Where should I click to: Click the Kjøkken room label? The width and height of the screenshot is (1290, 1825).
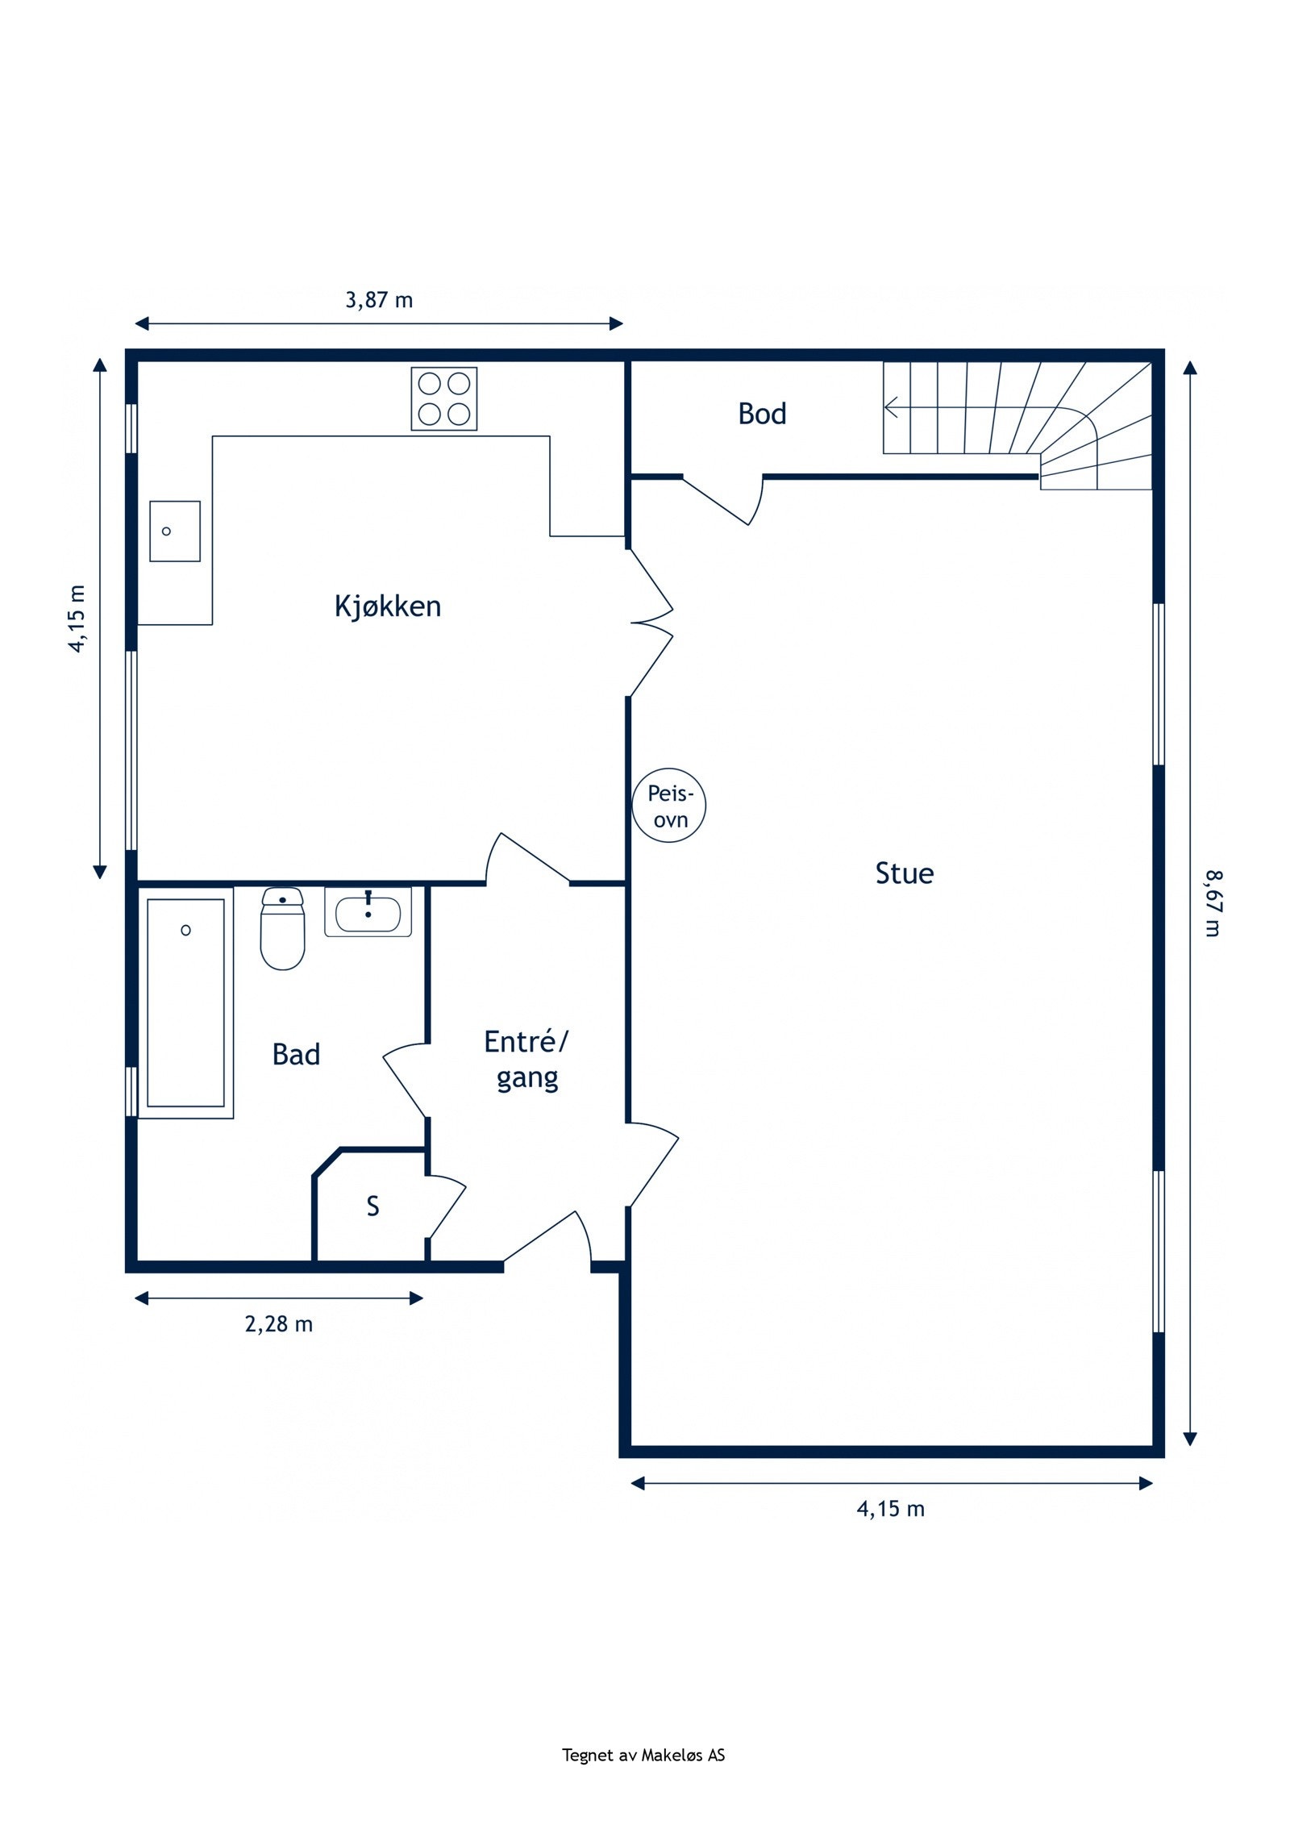coord(388,606)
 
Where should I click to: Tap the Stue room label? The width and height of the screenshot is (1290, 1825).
coord(905,873)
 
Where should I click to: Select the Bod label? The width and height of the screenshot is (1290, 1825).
coord(762,414)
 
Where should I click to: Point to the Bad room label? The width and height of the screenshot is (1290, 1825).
coord(296,1054)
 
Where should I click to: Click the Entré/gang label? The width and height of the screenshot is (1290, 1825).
coord(526,1060)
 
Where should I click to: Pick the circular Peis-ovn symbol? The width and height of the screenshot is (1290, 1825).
coord(669,806)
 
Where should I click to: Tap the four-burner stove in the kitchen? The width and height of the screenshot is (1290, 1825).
coord(444,398)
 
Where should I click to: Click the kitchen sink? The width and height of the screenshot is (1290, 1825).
coord(175,531)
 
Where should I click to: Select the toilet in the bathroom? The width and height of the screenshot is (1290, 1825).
coord(282,928)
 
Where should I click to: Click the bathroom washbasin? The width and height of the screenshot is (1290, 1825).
coord(368,912)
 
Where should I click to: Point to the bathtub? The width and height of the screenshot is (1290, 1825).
coord(185,1003)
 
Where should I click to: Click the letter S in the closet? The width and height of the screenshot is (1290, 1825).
coord(372,1206)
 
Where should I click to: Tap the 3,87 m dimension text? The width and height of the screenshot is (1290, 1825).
coord(379,300)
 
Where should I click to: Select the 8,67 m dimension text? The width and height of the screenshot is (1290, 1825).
coord(1213,902)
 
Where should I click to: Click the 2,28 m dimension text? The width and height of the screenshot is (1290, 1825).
coord(279,1324)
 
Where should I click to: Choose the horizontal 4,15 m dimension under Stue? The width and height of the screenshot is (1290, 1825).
coord(891,1509)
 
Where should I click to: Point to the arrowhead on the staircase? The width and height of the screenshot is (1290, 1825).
coord(890,407)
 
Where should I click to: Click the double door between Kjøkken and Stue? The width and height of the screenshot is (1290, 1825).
coord(651,623)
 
